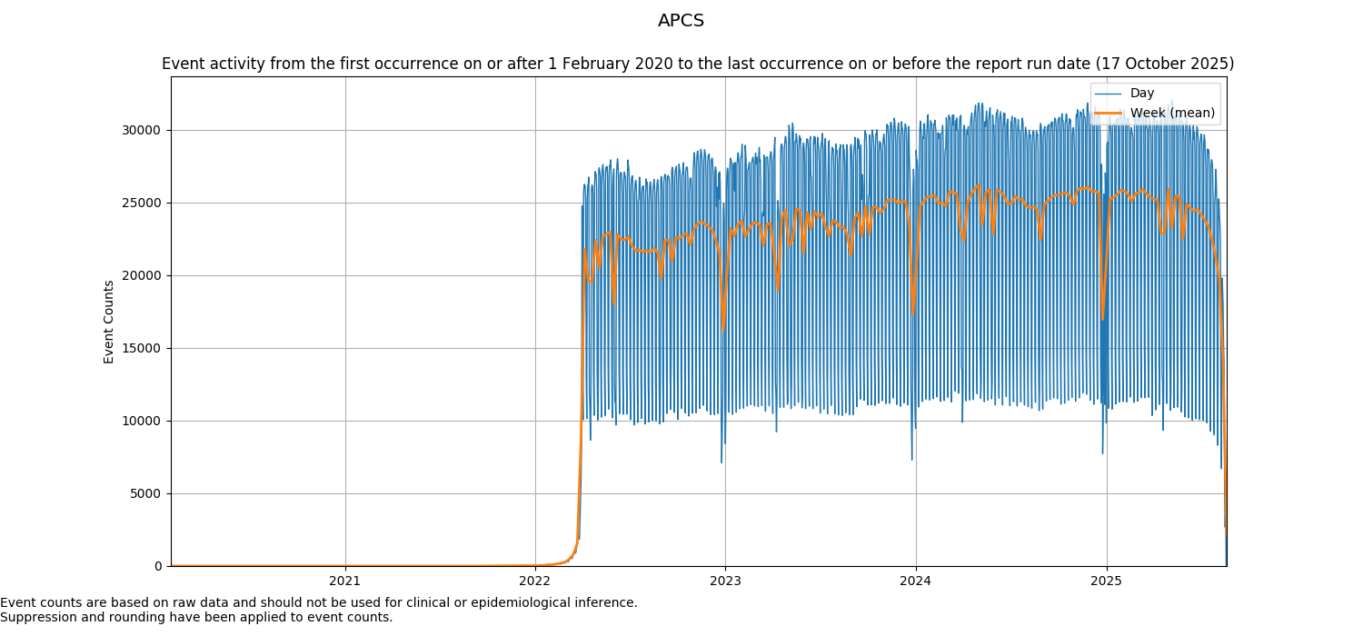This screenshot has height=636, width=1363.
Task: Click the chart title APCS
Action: coord(681,21)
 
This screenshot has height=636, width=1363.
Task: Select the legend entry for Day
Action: coord(1141,94)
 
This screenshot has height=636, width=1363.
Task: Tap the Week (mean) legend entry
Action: coord(1172,113)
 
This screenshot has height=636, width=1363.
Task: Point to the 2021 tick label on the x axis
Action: coord(344,581)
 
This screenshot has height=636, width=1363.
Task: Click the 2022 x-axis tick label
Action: coord(534,581)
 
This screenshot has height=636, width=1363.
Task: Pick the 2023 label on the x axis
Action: coord(724,581)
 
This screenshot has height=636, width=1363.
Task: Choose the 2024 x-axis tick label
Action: coord(915,581)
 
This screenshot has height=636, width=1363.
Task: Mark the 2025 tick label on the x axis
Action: coord(1105,581)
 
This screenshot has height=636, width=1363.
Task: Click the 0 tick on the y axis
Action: coord(158,566)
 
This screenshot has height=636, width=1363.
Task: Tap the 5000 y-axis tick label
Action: coord(145,493)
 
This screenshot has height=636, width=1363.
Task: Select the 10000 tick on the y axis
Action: coord(143,421)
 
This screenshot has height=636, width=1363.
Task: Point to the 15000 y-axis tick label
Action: coord(143,348)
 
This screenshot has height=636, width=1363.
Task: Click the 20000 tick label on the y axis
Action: coord(143,275)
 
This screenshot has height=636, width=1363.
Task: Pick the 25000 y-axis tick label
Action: coord(143,203)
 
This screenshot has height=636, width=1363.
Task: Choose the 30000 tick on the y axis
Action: coord(143,130)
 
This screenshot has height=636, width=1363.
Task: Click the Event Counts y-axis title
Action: coord(109,322)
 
